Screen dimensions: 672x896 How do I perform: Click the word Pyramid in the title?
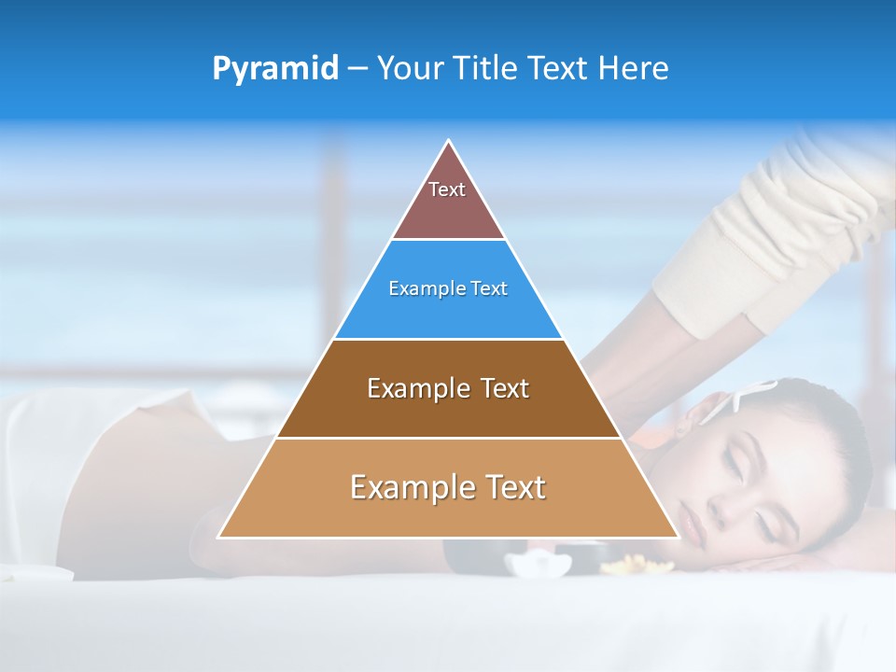pos(274,69)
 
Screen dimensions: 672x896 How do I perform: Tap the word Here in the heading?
pos(634,68)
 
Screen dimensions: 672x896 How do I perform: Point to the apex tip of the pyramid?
pos(449,142)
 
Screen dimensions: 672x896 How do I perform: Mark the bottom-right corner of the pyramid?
pos(677,537)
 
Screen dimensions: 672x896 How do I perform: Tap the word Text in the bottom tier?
pos(512,487)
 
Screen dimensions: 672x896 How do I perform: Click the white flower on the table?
pos(539,564)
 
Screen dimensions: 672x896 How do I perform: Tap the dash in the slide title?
pos(357,69)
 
